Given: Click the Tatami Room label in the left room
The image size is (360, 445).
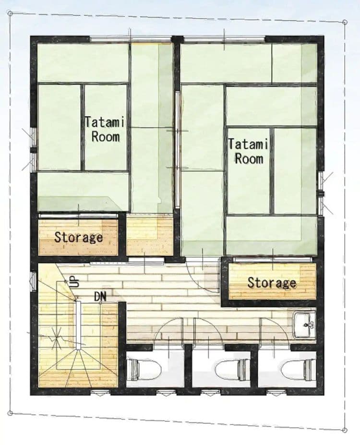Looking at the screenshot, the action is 105,130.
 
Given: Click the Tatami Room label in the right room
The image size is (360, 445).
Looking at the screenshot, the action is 248,151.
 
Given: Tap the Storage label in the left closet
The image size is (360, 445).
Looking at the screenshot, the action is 78,237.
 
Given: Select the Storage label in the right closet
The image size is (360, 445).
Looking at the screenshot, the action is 272,282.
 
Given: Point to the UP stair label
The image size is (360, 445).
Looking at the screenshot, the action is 74,282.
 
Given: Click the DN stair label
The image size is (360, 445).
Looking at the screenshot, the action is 100,297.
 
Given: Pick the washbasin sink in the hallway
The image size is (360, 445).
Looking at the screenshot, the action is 304,325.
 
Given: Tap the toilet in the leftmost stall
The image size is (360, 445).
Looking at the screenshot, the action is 144,369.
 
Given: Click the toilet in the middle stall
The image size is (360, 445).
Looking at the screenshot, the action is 232,370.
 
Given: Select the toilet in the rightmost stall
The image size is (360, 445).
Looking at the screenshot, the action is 298,370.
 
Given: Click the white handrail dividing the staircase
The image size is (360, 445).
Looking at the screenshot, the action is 78,325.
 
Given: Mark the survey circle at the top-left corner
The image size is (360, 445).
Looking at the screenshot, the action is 10,13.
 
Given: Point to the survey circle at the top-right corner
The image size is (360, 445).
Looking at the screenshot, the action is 345,22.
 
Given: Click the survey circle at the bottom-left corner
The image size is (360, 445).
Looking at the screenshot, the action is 10,413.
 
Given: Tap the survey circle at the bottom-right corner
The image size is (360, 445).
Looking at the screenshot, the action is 345,430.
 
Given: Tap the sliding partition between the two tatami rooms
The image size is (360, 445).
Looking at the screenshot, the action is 177,150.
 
